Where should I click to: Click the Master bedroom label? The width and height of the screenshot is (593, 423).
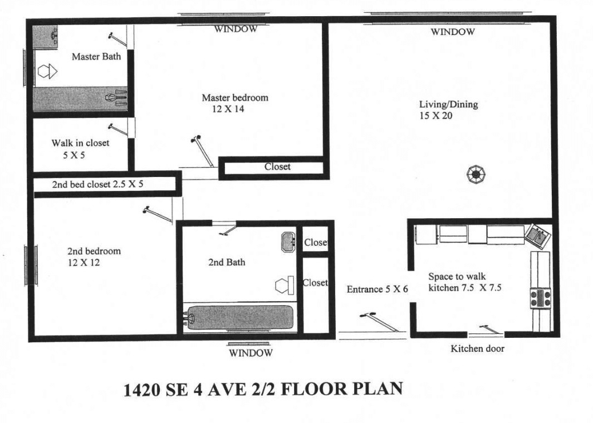point(234,97)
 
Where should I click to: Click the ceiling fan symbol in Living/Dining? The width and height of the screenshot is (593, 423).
point(476,175)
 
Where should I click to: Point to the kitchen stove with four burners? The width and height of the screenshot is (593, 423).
point(540,298)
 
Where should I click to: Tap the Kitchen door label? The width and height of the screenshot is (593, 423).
point(477,349)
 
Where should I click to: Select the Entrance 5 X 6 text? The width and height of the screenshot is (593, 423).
point(378,289)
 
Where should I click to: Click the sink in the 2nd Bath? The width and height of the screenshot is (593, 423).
point(288,242)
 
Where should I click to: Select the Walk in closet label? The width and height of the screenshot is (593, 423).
point(80,143)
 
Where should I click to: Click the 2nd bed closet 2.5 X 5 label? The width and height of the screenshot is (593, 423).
point(97,184)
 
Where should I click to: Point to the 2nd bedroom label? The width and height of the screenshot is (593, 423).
point(94,251)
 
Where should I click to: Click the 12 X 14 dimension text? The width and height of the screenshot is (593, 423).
point(228,109)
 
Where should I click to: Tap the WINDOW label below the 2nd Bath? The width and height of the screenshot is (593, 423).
point(251,353)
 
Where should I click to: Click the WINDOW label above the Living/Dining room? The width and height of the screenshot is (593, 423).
point(453,32)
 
